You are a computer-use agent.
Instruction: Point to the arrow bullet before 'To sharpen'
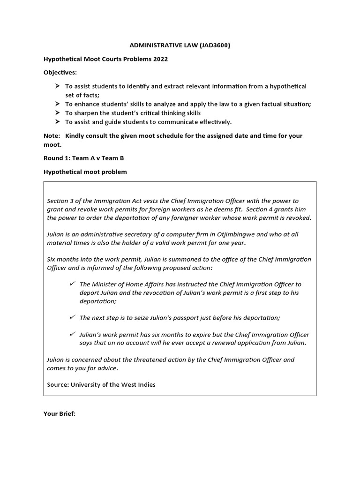click(x=57, y=113)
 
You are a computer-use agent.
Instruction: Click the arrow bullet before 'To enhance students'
click(x=57, y=104)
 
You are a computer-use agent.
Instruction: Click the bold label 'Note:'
click(x=52, y=135)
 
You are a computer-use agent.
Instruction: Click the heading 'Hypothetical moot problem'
click(x=85, y=172)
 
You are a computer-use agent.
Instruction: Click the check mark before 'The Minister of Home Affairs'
click(x=72, y=284)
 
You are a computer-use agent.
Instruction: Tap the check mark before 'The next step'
click(x=72, y=317)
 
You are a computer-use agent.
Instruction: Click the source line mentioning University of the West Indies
click(x=101, y=384)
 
